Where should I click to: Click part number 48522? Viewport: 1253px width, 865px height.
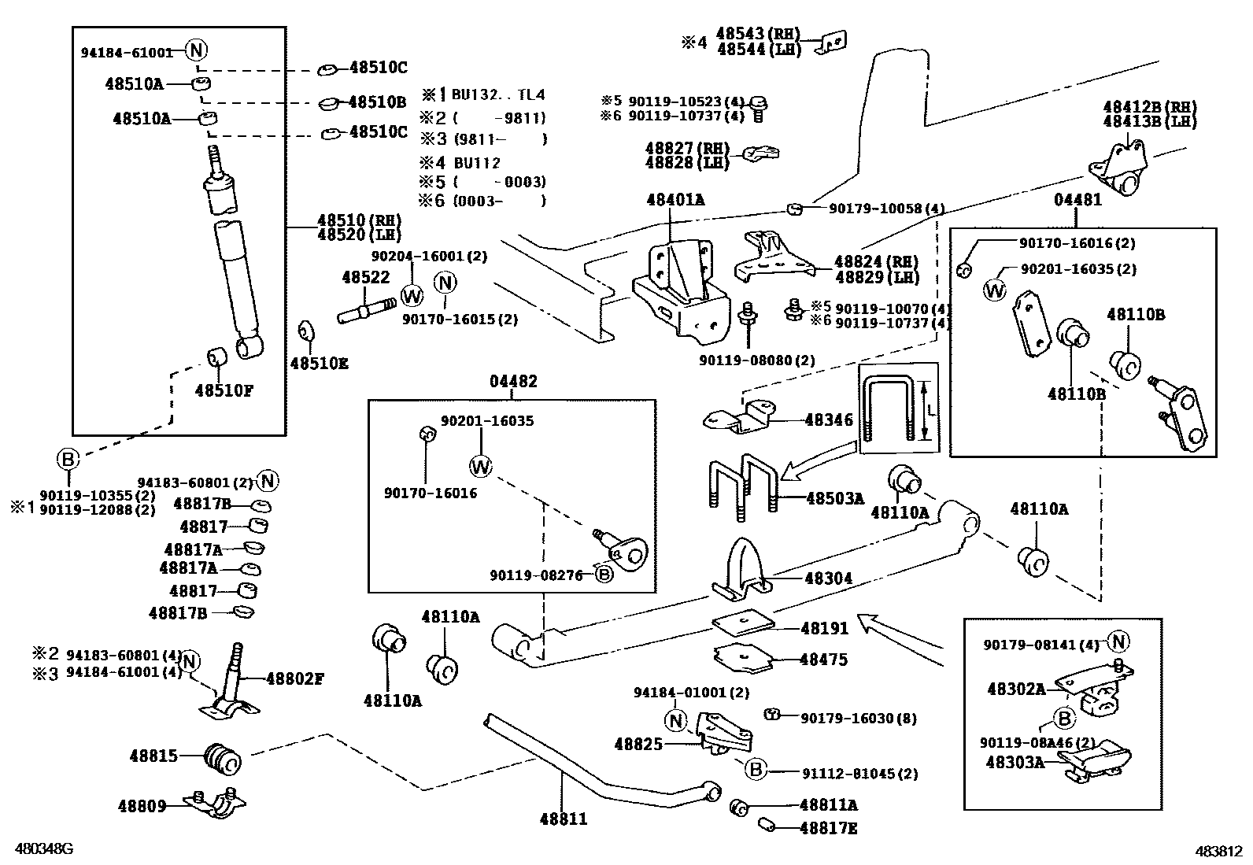[x=365, y=278]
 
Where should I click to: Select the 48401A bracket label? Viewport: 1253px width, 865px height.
[x=675, y=200]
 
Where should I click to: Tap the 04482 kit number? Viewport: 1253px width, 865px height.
[x=513, y=382]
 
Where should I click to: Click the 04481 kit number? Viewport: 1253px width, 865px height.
[x=1077, y=200]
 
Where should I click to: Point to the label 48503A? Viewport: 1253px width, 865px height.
[x=834, y=498]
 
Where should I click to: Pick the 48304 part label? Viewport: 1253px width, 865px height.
[x=828, y=579]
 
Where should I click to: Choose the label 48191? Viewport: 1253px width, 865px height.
[x=824, y=628]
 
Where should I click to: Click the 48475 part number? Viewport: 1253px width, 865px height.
[x=823, y=660]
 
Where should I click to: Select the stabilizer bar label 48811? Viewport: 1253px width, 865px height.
[x=563, y=819]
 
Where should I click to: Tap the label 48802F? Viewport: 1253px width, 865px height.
[x=294, y=678]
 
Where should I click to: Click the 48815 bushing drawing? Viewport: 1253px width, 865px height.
[x=223, y=757]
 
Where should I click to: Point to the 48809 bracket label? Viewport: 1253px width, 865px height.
[x=142, y=805]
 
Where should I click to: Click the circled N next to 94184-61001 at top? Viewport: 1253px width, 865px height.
[x=197, y=51]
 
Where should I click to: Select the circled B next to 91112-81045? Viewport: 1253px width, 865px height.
[x=756, y=769]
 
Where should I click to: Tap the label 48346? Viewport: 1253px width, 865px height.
[x=828, y=420]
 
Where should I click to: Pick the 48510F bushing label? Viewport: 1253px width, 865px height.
[x=224, y=390]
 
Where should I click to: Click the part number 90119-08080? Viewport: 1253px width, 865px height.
[x=756, y=360]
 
